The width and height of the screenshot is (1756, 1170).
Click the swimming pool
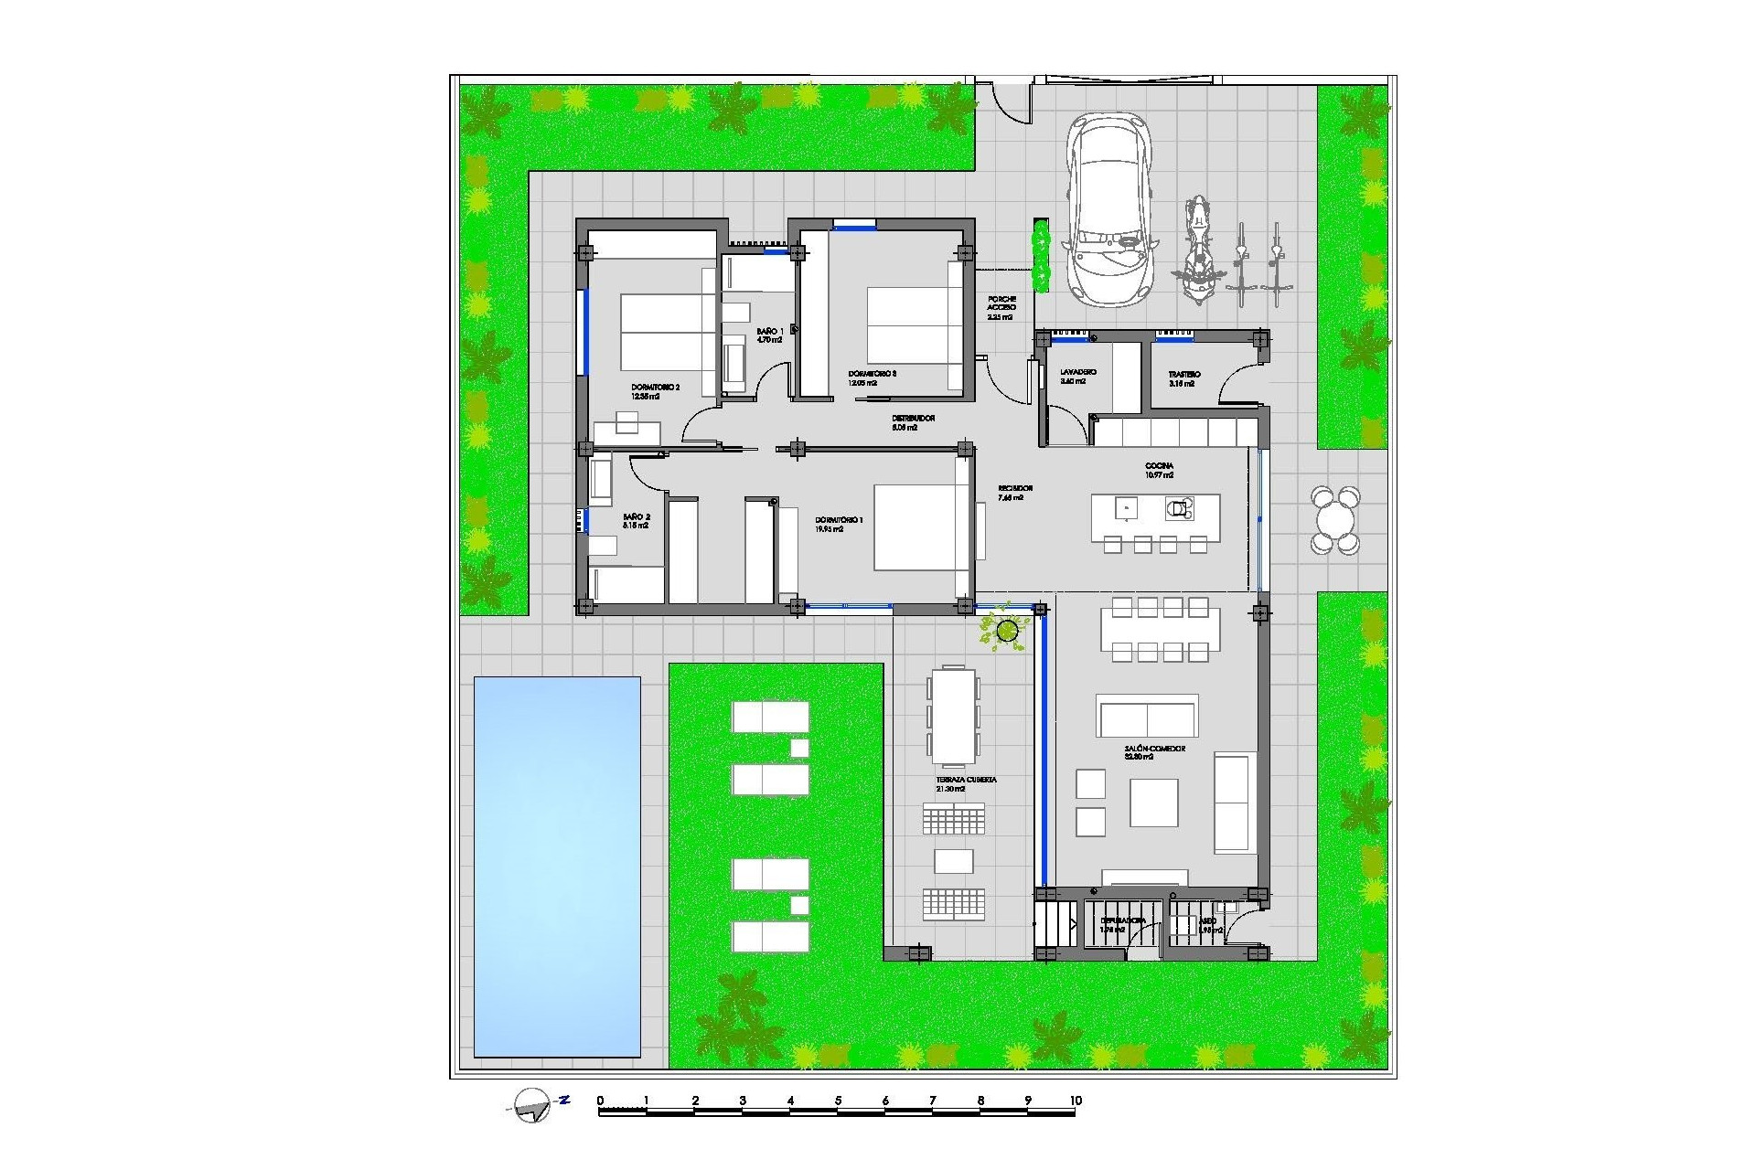click(557, 866)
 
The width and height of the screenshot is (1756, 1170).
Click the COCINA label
click(1159, 466)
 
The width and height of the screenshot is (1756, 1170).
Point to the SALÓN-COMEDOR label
click(1154, 749)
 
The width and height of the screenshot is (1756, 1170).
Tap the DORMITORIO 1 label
click(839, 521)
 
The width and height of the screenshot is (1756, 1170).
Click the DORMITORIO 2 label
click(655, 388)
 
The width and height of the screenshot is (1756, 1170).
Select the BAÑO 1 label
click(769, 331)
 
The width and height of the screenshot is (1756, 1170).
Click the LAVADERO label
click(1078, 373)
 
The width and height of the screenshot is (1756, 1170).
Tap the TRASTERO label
click(1183, 375)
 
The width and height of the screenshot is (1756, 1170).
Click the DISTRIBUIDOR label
click(913, 419)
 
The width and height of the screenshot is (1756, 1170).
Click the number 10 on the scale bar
click(1076, 1101)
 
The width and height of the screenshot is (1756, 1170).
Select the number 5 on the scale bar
click(838, 1101)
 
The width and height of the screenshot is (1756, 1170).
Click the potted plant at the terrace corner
click(1007, 630)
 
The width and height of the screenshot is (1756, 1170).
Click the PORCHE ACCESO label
click(1001, 303)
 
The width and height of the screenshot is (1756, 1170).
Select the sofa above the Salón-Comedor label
click(1148, 715)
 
